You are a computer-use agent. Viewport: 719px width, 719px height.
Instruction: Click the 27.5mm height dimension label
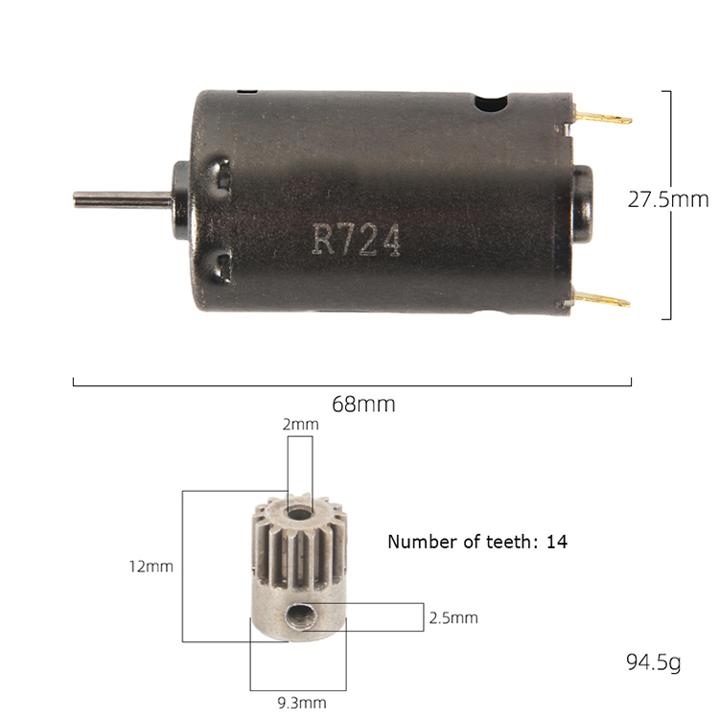point(667,200)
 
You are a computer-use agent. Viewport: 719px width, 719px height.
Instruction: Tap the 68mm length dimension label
point(363,405)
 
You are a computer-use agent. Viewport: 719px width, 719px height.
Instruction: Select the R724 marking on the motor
point(357,240)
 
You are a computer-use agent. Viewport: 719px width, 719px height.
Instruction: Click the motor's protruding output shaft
point(123,199)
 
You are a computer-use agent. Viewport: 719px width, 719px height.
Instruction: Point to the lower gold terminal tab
point(602,300)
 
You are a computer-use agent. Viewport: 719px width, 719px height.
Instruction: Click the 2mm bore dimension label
point(300,425)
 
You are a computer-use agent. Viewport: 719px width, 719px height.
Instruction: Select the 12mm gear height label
point(151,567)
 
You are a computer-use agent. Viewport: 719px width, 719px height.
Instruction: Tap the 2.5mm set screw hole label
point(453,618)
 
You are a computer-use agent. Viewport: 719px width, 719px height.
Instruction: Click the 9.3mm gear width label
point(302,703)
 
